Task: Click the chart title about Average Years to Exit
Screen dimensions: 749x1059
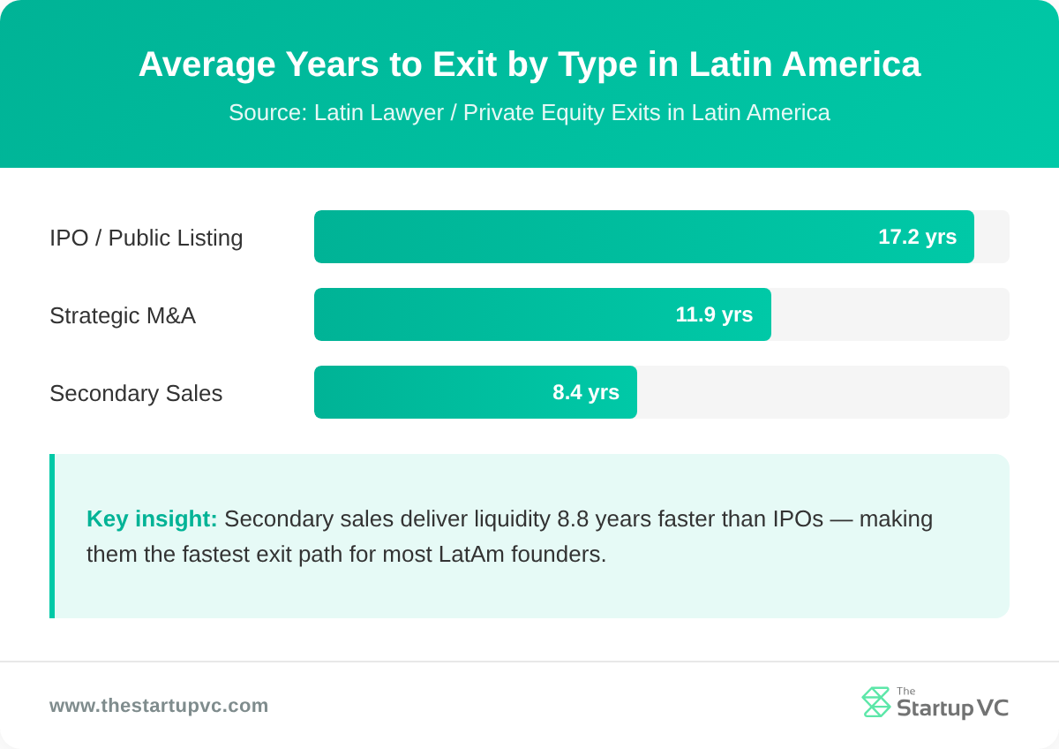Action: click(x=529, y=64)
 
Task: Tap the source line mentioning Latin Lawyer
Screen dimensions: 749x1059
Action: click(x=529, y=113)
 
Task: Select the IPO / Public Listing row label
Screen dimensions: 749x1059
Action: click(x=146, y=238)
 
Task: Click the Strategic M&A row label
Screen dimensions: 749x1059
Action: click(x=123, y=315)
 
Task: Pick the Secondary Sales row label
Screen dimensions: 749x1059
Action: click(x=136, y=393)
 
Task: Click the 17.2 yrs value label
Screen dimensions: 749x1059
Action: click(x=917, y=237)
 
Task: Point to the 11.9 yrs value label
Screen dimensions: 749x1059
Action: click(x=714, y=314)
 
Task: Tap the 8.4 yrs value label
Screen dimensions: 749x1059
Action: click(x=586, y=392)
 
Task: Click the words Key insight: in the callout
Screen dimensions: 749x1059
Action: click(x=152, y=518)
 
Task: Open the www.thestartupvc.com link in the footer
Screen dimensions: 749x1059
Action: click(x=159, y=706)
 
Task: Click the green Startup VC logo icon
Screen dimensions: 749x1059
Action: click(x=876, y=702)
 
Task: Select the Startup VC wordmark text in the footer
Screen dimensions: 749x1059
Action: click(x=952, y=707)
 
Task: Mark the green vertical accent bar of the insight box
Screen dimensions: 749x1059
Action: click(x=52, y=536)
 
